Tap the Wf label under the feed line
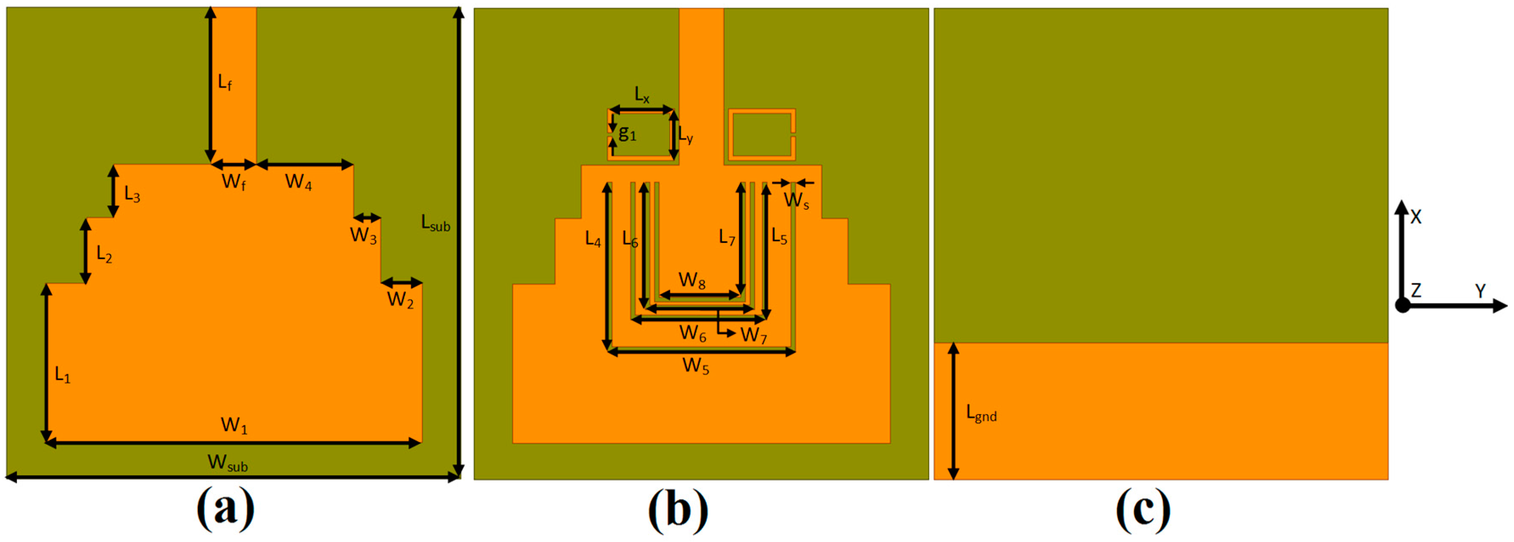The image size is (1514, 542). (233, 182)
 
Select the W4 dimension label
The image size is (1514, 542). (298, 182)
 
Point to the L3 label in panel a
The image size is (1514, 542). (132, 194)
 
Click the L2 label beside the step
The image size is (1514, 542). (104, 254)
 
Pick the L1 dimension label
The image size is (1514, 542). (62, 375)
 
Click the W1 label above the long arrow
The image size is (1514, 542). (234, 425)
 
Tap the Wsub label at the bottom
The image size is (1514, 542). (228, 463)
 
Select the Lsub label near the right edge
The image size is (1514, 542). (435, 223)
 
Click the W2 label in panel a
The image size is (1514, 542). (400, 300)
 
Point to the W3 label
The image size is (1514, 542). (363, 235)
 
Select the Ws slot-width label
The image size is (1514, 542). (796, 200)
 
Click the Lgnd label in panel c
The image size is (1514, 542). (981, 413)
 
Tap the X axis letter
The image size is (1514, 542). (1416, 217)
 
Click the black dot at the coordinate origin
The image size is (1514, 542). (1402, 305)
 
